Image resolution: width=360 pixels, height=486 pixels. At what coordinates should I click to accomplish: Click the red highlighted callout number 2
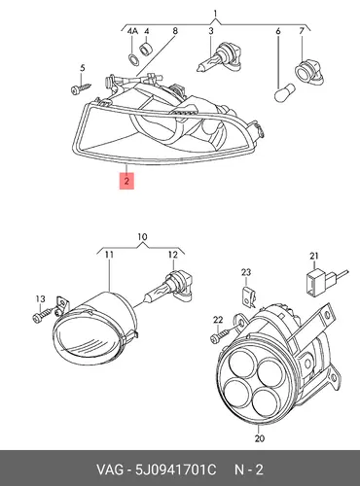tap(126, 181)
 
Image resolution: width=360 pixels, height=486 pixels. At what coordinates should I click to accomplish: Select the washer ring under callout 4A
tap(133, 58)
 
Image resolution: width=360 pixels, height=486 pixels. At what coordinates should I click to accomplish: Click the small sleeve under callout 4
tap(145, 48)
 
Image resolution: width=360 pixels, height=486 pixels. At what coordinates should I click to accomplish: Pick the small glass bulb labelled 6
tap(284, 91)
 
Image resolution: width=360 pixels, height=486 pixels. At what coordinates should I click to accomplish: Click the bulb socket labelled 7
tap(309, 73)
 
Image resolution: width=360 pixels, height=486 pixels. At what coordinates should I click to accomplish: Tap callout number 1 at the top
tap(215, 14)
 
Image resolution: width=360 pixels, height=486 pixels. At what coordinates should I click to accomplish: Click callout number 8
tap(175, 31)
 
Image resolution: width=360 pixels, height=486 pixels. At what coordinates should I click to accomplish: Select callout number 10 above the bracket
tap(142, 237)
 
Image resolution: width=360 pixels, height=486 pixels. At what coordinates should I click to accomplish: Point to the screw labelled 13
tap(43, 315)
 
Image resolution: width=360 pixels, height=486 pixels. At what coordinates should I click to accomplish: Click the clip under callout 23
tap(249, 295)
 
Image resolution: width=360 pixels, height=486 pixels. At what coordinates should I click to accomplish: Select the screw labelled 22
tap(222, 335)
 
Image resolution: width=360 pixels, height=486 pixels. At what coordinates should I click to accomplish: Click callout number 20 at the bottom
tap(260, 438)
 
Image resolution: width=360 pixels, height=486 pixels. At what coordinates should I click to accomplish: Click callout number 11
tap(109, 255)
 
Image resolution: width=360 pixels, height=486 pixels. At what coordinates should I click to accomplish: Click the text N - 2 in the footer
tap(249, 469)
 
